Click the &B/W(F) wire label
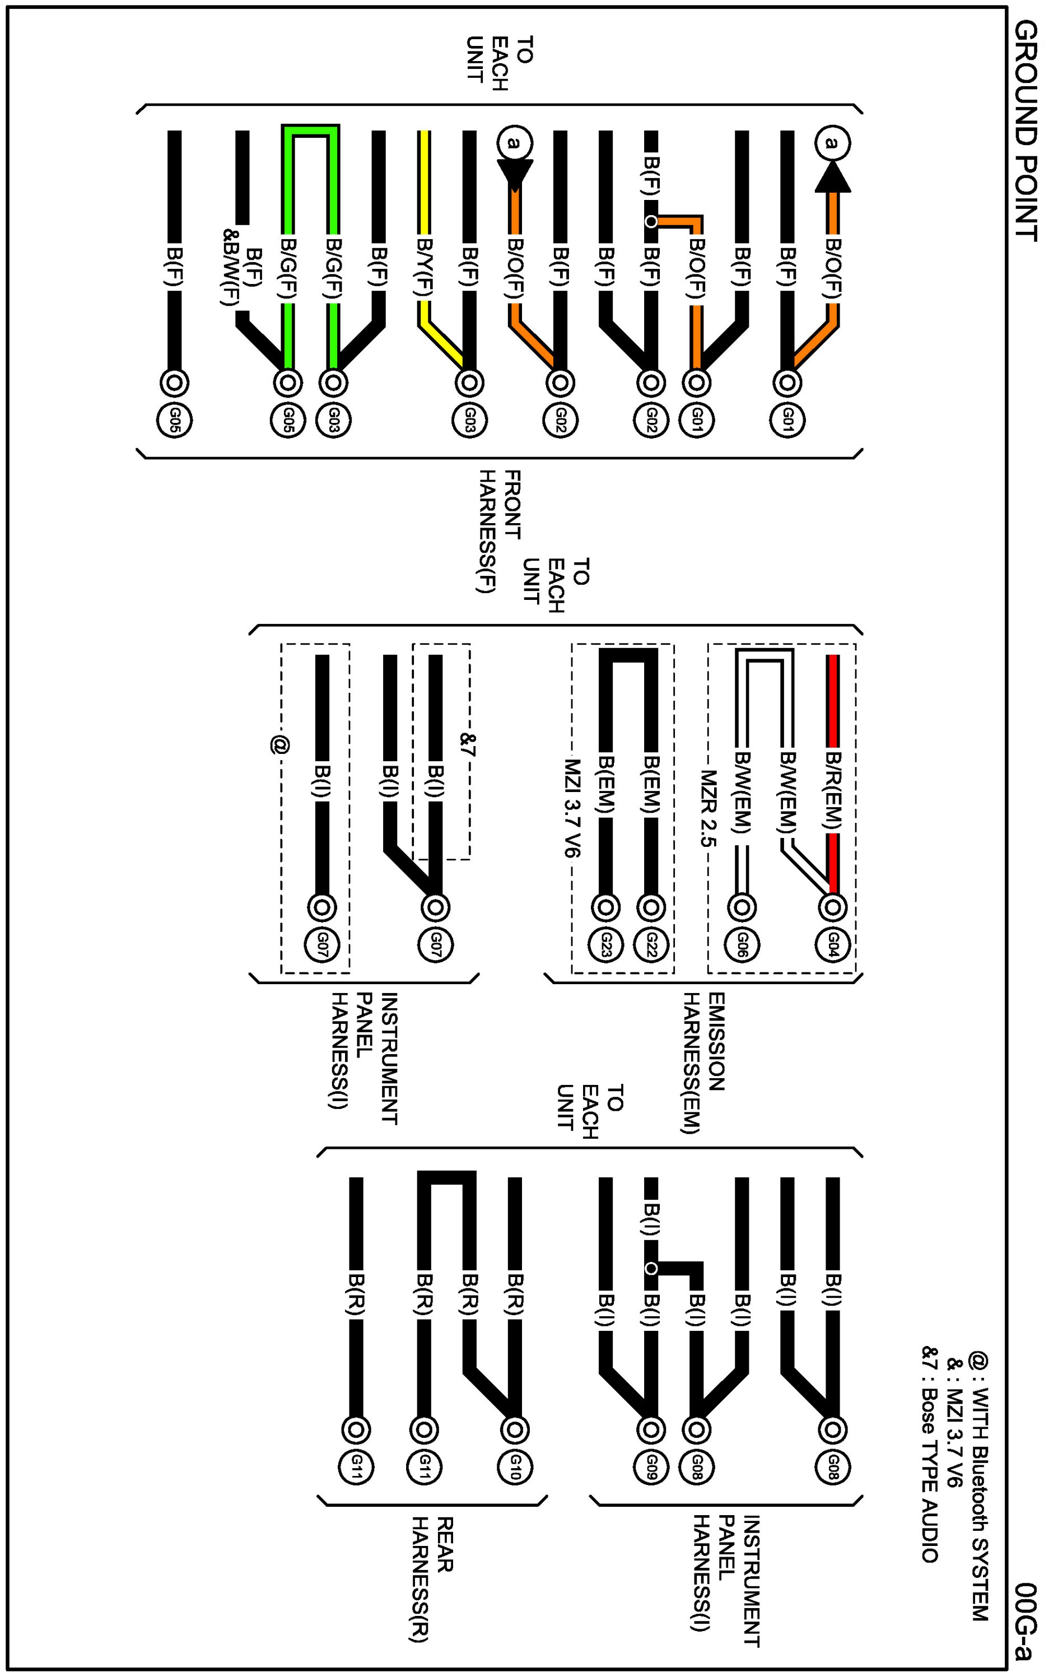(229, 269)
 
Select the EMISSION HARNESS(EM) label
(703, 1064)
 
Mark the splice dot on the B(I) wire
(650, 1268)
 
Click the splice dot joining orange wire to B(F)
(650, 222)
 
